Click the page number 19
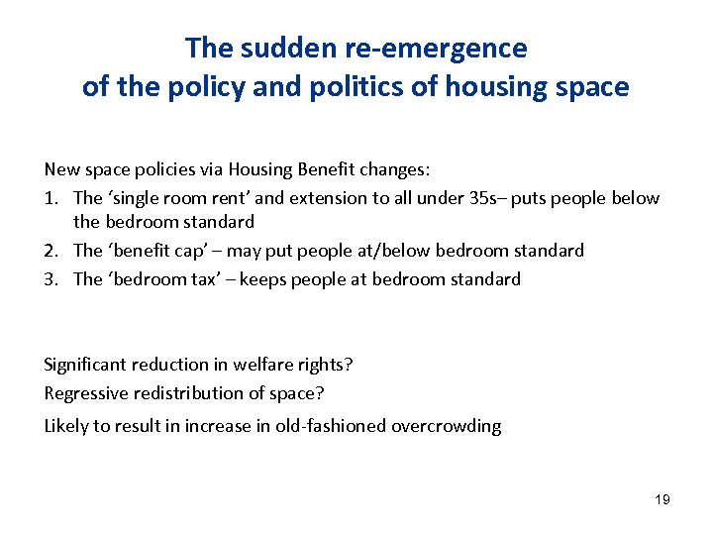coord(662,499)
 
